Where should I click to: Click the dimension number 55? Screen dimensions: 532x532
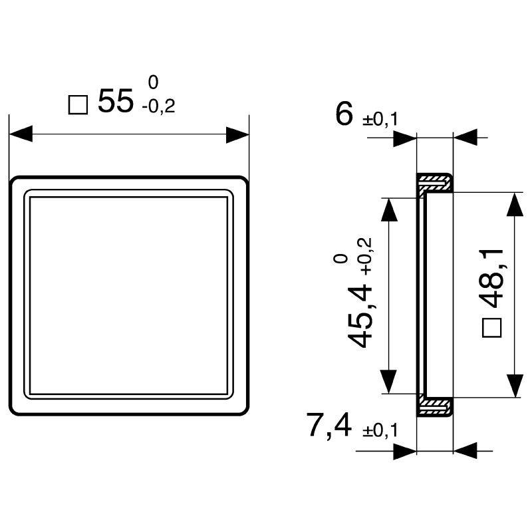(116, 102)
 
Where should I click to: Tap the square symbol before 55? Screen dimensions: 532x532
(78, 104)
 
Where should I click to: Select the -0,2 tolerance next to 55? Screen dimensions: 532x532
(158, 106)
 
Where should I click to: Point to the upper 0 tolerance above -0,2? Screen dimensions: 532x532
(153, 83)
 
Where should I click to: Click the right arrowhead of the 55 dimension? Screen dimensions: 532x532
(237, 134)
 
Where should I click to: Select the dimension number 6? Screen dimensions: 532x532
(345, 114)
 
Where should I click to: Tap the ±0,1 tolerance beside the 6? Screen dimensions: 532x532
(380, 120)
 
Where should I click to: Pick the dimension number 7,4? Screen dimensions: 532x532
(329, 426)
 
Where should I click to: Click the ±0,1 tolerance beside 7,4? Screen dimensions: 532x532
(380, 431)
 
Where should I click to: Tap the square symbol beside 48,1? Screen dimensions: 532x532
(491, 327)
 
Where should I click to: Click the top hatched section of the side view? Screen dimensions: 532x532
(436, 180)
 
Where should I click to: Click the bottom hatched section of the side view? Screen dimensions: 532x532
(436, 404)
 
